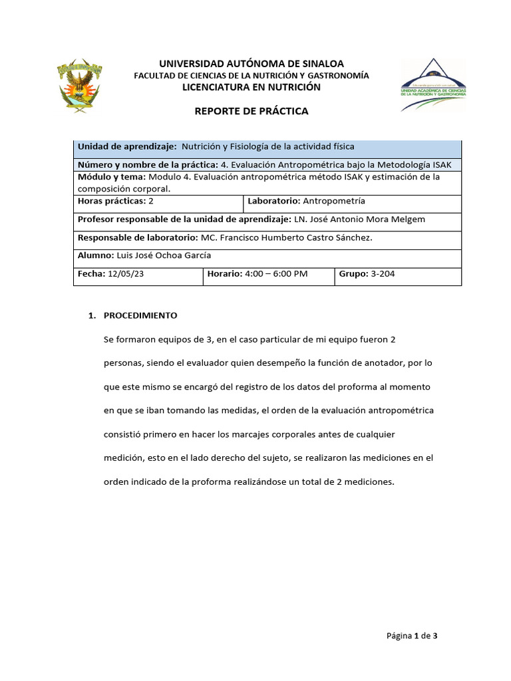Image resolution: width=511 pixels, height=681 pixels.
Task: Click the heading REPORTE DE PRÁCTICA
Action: coord(251,111)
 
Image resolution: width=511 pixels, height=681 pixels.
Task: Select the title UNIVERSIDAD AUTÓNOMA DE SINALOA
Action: coord(252,63)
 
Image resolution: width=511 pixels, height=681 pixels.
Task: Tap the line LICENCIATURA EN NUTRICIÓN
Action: coord(252,87)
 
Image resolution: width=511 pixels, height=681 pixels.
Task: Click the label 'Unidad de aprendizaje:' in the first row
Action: coord(127,146)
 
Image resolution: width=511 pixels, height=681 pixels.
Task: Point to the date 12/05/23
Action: coord(125,273)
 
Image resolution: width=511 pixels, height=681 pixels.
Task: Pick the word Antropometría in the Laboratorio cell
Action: coord(334,201)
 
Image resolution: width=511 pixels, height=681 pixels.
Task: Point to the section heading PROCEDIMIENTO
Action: coord(140,315)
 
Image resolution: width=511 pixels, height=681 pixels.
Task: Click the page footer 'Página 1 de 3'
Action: coord(412,636)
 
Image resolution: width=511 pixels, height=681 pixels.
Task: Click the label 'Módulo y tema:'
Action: coord(112,177)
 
